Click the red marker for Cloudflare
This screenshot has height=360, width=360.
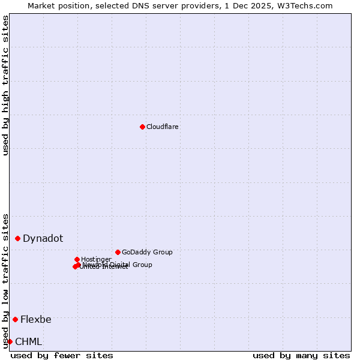142,127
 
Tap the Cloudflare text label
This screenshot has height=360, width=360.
163,127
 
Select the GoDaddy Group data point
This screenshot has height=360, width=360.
118,252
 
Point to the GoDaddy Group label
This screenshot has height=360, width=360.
147,252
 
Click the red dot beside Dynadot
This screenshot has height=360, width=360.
18,238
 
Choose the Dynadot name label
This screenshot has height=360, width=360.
43,238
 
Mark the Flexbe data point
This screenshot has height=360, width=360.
16,319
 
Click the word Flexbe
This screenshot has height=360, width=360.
36,319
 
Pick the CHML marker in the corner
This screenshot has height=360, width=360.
10,341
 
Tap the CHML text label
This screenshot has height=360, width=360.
29,341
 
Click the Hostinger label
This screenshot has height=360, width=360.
96,259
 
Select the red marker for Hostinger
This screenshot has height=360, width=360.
77,259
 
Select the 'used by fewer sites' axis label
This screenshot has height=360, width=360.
62,355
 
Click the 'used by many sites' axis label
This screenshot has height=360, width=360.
301,355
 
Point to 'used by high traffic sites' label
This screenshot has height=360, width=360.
5,85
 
